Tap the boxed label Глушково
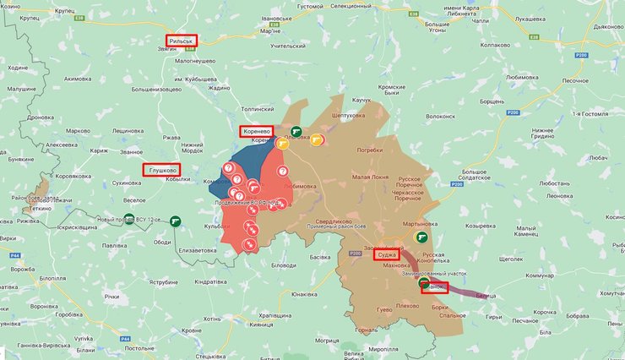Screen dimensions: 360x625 (x=161, y=169)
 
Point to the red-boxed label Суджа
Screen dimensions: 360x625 (x=387, y=254)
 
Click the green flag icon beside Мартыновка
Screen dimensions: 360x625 (x=421, y=237)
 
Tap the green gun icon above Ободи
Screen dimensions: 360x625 (x=176, y=221)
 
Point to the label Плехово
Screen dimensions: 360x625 (x=407, y=305)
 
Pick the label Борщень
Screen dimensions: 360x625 (x=492, y=101)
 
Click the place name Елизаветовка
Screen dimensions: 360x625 (x=199, y=250)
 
